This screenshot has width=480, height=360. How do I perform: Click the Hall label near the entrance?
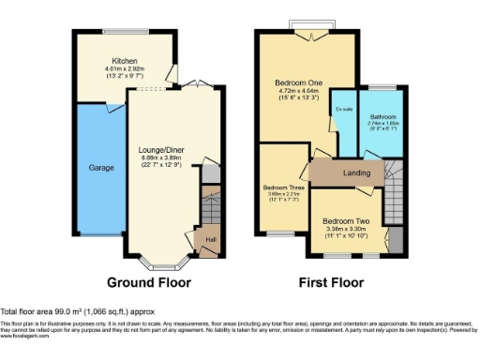(x=211, y=238)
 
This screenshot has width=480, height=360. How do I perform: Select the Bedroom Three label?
(x=284, y=187)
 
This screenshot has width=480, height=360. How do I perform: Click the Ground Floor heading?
(x=149, y=282)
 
